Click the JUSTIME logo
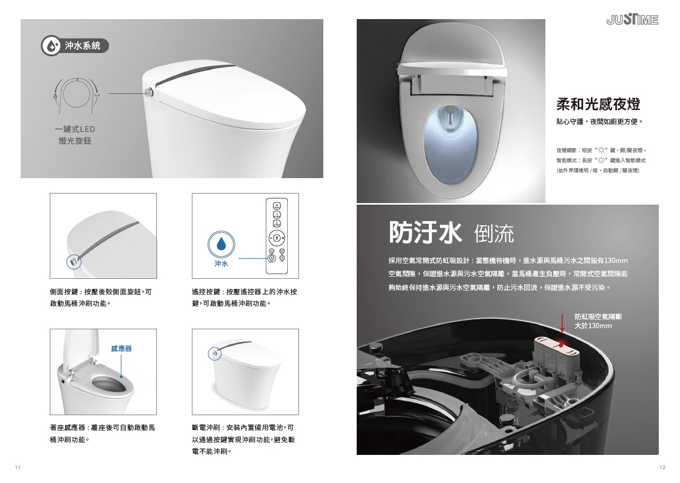[x=632, y=20]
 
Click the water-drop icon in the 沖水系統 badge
[x=51, y=46]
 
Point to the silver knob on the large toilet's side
[x=149, y=92]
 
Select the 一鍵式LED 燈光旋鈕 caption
[x=75, y=135]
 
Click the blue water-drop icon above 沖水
[x=222, y=244]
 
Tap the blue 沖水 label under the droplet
[x=222, y=264]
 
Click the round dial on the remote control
[x=277, y=238]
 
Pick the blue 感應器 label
[x=121, y=348]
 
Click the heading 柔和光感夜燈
[x=598, y=104]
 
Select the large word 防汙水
[x=425, y=232]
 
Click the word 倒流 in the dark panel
[x=494, y=233]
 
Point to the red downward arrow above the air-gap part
[x=562, y=323]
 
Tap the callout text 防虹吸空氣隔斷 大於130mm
[x=598, y=321]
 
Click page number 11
[x=18, y=467]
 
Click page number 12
[x=662, y=467]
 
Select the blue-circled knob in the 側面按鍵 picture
[x=74, y=261]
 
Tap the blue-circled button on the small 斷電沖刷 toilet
[x=215, y=354]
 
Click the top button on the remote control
[x=277, y=206]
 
